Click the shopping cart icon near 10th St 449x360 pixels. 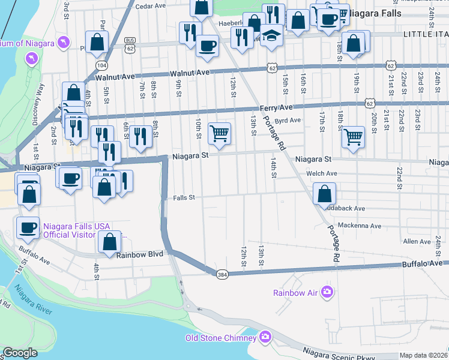[220, 133]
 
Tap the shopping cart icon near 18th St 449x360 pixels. [354, 136]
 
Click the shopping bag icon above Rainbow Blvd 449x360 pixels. [109, 242]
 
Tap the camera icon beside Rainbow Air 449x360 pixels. [327, 292]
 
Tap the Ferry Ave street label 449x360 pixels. [276, 108]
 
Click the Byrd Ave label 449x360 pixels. [288, 121]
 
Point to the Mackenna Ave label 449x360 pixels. [359, 226]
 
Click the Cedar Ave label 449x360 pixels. [151, 6]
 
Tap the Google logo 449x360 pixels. [20, 353]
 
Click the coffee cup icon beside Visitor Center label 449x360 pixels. [29, 228]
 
